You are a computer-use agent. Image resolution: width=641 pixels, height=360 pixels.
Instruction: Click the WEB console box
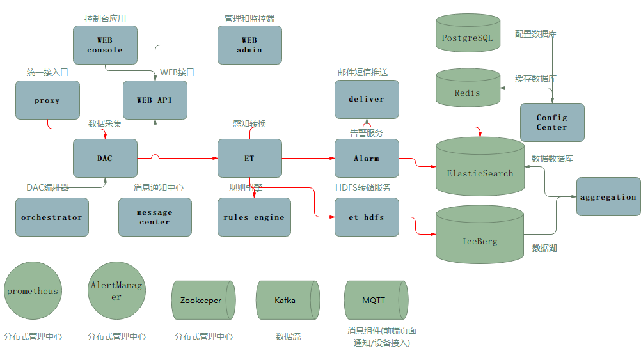coord(105,45)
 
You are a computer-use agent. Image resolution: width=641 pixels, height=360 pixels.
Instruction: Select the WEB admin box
coord(249,45)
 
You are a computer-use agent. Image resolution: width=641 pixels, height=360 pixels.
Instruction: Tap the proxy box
coord(47,100)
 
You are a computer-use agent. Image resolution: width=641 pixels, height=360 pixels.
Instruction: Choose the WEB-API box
coord(155,100)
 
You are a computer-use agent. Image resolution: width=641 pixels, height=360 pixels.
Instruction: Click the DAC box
coord(105,158)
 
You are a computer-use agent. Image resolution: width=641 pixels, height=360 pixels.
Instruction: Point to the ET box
coord(249,158)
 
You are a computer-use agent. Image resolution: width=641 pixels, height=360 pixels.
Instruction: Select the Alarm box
coord(367,158)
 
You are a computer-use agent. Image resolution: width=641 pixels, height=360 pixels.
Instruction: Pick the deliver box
coord(367,99)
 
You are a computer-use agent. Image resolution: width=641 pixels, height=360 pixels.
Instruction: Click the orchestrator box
coord(52,217)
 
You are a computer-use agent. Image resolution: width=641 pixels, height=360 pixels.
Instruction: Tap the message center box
coord(155,217)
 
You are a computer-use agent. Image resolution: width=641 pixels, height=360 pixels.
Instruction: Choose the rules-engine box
coord(254,217)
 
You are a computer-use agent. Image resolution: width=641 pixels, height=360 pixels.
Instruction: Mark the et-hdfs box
coord(367,217)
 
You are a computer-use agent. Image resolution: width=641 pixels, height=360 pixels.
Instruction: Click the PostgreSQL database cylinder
coord(468,38)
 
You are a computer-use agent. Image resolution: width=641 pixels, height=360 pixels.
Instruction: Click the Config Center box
coord(552,122)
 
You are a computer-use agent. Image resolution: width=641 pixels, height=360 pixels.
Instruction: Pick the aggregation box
coord(608,197)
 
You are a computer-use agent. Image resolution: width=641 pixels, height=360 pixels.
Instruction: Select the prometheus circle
coord(33,291)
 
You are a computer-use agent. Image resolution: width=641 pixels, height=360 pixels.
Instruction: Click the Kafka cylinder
coord(285,300)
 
